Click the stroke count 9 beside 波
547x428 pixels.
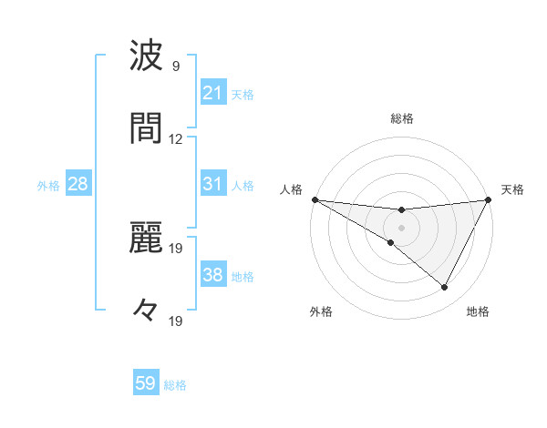point(176,66)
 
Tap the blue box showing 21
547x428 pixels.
point(213,93)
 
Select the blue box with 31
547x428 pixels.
point(213,184)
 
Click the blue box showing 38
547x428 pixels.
point(213,275)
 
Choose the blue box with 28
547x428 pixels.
point(78,185)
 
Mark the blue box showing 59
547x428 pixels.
point(146,384)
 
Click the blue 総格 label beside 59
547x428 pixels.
point(176,385)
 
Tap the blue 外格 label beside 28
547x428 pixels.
point(48,186)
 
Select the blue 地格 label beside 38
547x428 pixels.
point(243,276)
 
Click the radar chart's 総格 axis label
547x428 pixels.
point(401,118)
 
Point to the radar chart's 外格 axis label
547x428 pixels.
point(321,311)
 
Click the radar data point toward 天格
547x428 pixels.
point(489,199)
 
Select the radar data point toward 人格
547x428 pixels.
point(315,199)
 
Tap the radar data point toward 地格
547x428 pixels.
point(445,288)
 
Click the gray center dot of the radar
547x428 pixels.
point(401,227)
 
